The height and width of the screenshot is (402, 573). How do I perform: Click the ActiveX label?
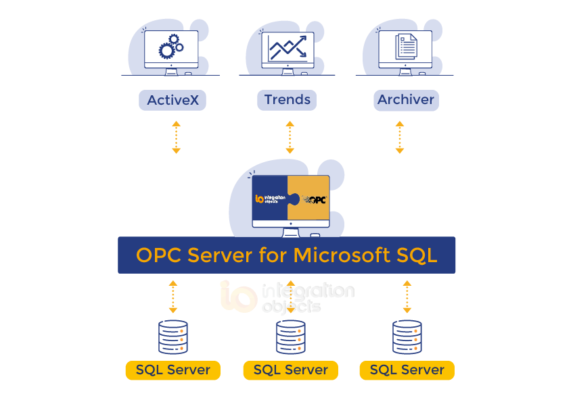click(x=173, y=101)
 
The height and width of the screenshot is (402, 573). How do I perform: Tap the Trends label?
click(x=288, y=100)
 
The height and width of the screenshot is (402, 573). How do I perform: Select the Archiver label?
click(x=406, y=100)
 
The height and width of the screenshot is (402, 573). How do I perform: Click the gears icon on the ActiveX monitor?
click(x=170, y=47)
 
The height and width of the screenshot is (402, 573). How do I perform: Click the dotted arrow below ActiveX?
click(x=176, y=137)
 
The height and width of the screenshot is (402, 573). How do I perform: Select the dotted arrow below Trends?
click(x=290, y=137)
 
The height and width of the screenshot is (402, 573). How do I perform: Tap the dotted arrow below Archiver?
click(x=400, y=137)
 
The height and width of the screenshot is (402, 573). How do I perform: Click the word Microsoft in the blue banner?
click(x=340, y=255)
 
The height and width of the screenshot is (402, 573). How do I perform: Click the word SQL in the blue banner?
click(x=415, y=255)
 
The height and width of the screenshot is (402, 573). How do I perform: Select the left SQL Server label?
click(x=173, y=370)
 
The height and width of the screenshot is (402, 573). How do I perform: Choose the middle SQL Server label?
click(x=290, y=370)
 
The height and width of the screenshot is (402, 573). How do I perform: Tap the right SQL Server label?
click(x=407, y=370)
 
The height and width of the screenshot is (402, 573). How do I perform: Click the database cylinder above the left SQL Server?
click(x=173, y=337)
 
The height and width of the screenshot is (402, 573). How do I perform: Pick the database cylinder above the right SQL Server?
click(x=407, y=337)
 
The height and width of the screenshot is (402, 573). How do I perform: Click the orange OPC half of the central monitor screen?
click(x=310, y=199)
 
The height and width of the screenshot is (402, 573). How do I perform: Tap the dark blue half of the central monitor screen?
click(x=270, y=199)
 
